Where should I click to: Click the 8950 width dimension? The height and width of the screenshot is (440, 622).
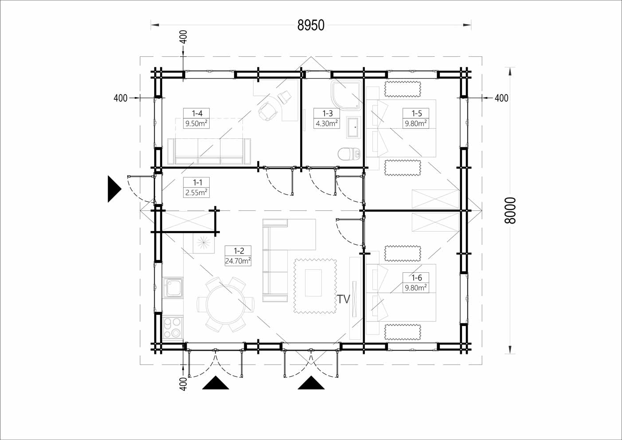[x=311, y=25]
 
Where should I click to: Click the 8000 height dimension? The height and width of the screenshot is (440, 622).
[x=510, y=210]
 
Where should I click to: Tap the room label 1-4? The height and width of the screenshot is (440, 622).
[x=196, y=114]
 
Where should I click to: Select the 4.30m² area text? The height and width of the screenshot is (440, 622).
[x=327, y=123]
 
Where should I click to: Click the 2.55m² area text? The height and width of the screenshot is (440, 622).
[x=196, y=192]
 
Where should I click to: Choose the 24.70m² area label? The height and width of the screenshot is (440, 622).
[x=238, y=261]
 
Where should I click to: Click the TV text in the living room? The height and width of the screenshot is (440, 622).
[x=344, y=299]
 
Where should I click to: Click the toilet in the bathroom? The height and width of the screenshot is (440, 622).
[x=349, y=154]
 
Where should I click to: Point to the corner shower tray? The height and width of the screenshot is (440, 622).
[x=347, y=95]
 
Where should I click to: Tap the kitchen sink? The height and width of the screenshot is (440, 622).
[x=173, y=287]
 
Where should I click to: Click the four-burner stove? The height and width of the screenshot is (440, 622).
[x=172, y=327]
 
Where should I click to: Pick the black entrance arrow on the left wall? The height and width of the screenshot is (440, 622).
[x=114, y=189]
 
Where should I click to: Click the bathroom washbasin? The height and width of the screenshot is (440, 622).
[x=354, y=127]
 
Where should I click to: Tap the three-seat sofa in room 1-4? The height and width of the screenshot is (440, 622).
[x=209, y=151]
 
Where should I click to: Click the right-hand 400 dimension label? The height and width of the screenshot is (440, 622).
[x=501, y=98]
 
